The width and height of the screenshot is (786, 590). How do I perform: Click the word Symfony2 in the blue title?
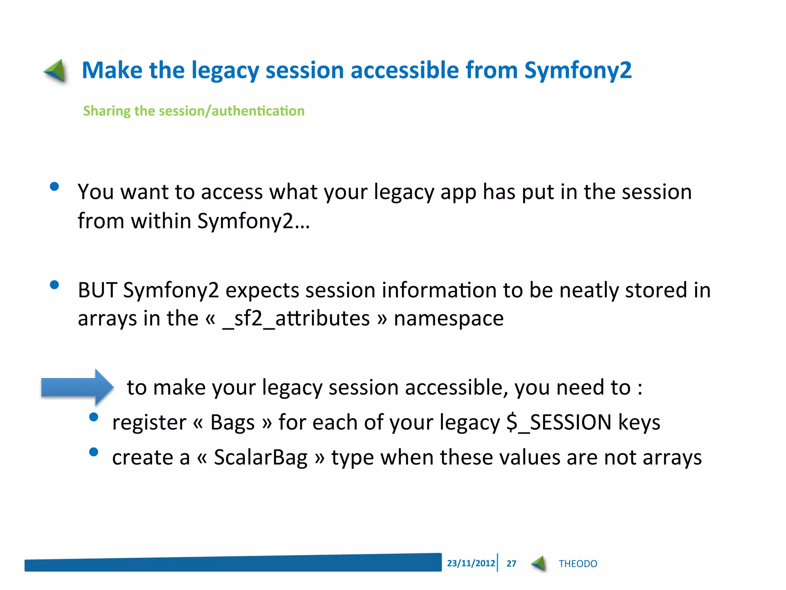click(x=578, y=71)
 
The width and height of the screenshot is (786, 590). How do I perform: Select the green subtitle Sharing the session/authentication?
click(x=194, y=111)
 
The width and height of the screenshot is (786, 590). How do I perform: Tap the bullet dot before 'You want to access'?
click(x=54, y=187)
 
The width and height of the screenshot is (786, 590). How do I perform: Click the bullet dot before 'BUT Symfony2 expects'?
click(x=54, y=285)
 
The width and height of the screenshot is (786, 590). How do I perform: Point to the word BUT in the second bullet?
click(x=97, y=290)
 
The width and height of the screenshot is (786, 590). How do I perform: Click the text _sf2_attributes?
click(x=296, y=319)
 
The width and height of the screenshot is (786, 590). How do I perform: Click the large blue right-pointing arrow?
click(x=77, y=387)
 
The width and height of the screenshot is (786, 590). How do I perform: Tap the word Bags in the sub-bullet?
click(x=233, y=423)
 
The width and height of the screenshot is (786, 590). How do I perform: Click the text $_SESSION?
click(x=558, y=423)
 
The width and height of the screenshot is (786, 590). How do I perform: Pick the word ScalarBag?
click(x=261, y=457)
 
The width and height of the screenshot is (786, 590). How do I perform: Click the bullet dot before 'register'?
click(x=94, y=417)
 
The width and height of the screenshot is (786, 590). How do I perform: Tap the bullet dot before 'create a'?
click(x=94, y=452)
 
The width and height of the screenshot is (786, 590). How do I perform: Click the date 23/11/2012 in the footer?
click(x=471, y=563)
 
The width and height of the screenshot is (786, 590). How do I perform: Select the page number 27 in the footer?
click(x=511, y=563)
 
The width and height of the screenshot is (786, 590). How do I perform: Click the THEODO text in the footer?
click(x=578, y=563)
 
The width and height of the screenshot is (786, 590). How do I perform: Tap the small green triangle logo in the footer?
click(x=539, y=563)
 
